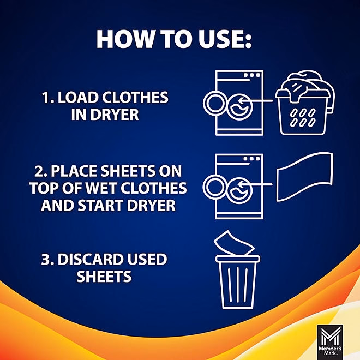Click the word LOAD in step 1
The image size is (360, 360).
point(76,98)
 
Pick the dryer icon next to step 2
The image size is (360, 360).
point(239,186)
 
